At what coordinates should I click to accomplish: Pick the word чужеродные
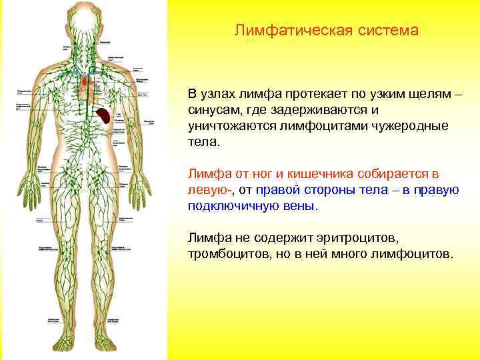pos(413,126)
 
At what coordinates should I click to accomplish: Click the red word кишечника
pos(321,174)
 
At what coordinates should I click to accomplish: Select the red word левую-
pos(209,191)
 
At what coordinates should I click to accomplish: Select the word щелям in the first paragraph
pos(427,93)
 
